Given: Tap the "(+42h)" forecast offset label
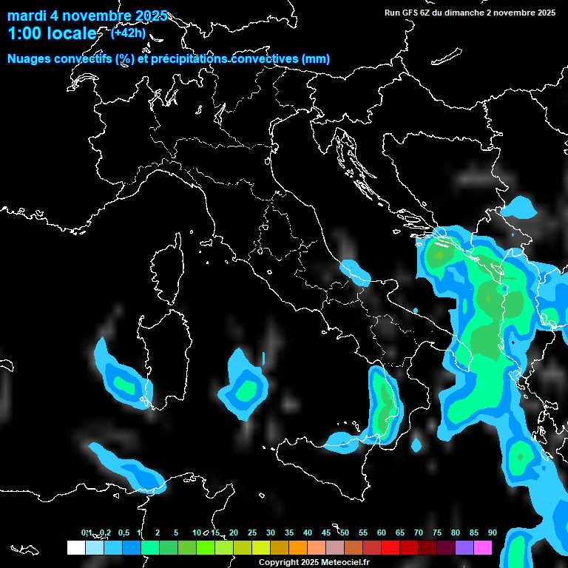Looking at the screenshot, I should (x=128, y=33).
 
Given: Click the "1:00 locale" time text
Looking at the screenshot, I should (x=52, y=34).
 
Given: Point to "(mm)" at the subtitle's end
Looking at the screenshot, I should (x=316, y=59).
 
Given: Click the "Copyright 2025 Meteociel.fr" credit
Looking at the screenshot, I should (x=314, y=563).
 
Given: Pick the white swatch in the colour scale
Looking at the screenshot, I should (x=75, y=548).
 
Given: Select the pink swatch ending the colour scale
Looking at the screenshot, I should (x=482, y=548).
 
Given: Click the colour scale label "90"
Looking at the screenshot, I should (x=492, y=533).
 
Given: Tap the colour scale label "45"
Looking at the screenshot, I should (x=326, y=533).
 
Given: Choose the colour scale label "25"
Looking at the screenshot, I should (x=252, y=533).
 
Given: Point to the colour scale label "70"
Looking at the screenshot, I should (x=419, y=533).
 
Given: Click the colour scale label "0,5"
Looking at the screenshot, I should (x=123, y=533).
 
